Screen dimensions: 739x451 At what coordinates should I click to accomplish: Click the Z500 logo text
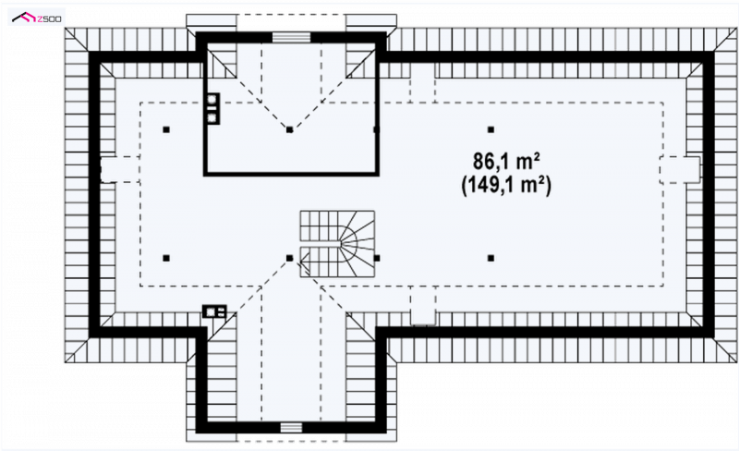tap(49, 18)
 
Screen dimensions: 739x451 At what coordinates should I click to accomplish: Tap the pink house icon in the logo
tap(25, 18)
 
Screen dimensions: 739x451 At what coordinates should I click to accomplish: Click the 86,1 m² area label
tap(506, 162)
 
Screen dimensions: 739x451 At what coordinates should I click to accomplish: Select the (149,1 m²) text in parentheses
tap(506, 185)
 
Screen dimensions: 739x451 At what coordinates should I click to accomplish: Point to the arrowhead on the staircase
tap(304, 259)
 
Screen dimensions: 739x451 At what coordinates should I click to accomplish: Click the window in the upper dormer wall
tap(291, 37)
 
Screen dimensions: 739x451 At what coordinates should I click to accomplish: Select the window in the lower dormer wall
tap(291, 427)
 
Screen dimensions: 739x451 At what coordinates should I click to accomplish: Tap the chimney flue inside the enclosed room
tap(212, 108)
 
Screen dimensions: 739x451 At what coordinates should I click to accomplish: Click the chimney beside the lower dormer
tap(214, 311)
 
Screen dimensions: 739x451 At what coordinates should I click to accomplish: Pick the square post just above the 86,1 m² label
tap(491, 129)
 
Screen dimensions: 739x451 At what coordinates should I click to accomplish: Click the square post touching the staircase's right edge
tap(377, 258)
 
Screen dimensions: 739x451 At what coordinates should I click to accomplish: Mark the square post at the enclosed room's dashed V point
tap(289, 129)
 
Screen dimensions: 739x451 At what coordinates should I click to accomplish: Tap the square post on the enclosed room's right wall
tap(376, 129)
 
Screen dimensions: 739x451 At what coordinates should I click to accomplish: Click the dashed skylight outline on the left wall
tap(120, 169)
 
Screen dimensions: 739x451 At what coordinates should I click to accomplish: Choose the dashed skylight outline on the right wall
tap(679, 169)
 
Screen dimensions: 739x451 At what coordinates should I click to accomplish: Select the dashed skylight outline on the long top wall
tap(422, 82)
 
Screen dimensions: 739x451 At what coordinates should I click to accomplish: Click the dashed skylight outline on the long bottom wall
tap(423, 305)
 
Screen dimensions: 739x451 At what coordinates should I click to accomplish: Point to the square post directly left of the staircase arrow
tap(289, 258)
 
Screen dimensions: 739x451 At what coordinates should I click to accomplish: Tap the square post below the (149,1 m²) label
tap(491, 258)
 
